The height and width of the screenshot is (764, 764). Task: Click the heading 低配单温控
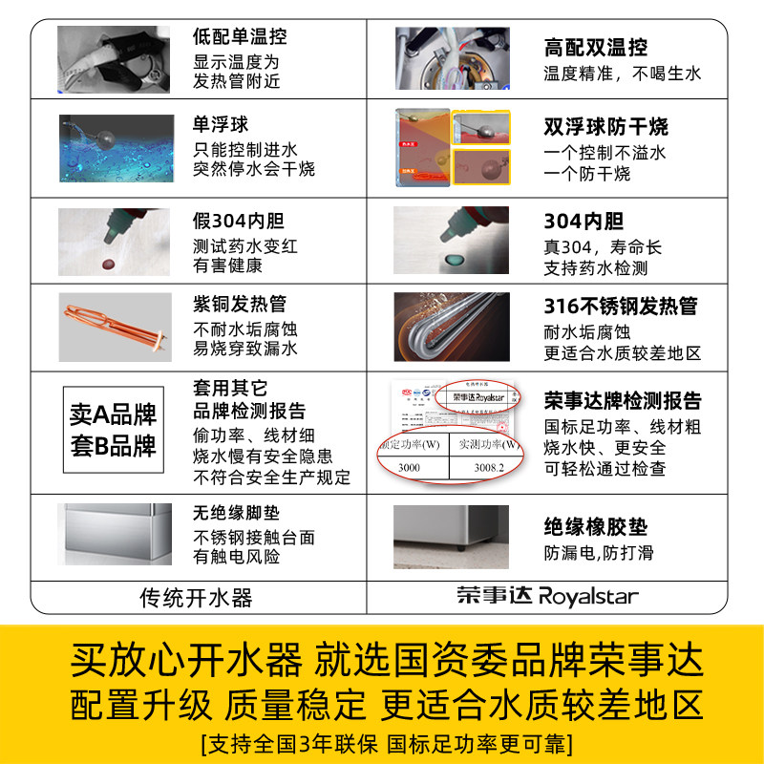pos(240,37)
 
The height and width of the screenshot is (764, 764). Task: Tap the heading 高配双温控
pos(595,47)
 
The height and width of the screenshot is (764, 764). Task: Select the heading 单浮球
pos(221,124)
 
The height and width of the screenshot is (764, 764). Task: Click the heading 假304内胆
pos(239,221)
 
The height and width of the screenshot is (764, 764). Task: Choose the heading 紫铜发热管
pos(240,304)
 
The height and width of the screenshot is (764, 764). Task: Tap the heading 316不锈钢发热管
pos(621,307)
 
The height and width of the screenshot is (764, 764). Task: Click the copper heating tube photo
pos(114,326)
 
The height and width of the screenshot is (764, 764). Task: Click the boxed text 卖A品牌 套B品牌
pos(113,430)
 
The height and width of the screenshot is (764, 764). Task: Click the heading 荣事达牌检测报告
pos(623,401)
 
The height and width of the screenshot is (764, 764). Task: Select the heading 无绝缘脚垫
pos(236,513)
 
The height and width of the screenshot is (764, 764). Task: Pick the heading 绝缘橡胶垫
pos(596,527)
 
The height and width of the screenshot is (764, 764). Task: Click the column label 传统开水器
pos(197,598)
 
